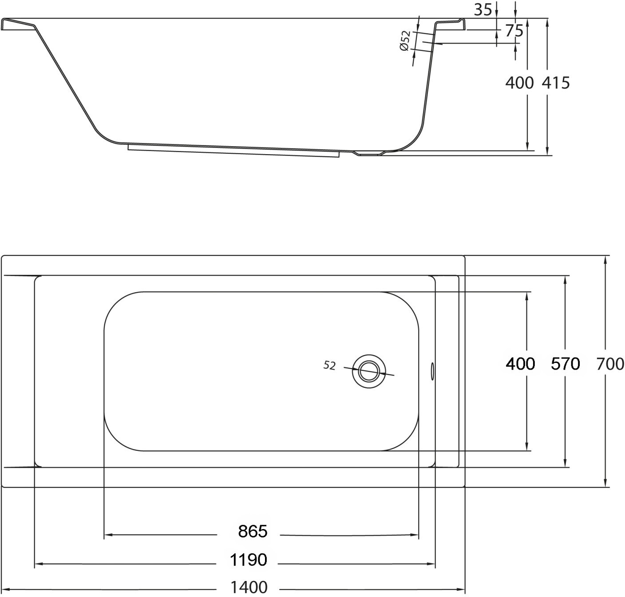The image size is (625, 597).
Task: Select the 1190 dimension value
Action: click(249, 560)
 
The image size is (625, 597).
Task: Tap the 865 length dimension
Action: click(253, 531)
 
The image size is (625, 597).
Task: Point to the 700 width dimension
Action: click(610, 364)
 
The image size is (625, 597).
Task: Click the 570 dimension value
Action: click(565, 364)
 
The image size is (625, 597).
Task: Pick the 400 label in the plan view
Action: click(520, 364)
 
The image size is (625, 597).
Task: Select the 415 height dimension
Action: click(556, 83)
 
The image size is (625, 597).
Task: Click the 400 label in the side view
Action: click(519, 83)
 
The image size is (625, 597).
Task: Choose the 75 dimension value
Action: click(514, 31)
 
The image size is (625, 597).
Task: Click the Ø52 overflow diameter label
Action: click(404, 41)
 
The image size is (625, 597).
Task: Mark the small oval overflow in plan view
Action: click(432, 370)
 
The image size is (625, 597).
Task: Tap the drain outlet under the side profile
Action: click(369, 154)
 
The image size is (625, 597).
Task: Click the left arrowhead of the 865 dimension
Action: click(107, 535)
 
